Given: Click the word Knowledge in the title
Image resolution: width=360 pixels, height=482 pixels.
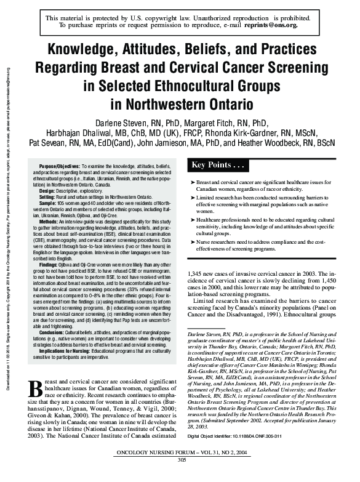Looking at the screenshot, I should [86, 50].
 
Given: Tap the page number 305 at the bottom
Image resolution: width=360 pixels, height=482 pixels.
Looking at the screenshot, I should [181, 476].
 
